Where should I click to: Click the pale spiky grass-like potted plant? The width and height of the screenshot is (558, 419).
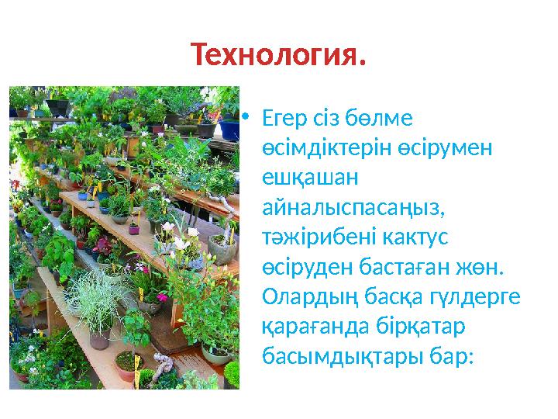pyautogui.click(x=97, y=299)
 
